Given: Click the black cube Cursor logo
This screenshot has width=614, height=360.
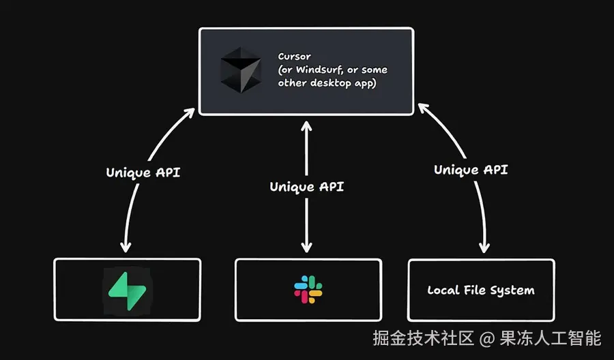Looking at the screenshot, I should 240,70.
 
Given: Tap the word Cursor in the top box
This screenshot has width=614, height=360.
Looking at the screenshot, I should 295,56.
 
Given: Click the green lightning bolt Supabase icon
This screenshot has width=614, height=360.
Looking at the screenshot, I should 128,290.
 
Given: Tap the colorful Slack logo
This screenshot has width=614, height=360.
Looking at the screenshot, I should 308,290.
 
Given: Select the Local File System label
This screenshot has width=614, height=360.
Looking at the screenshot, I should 481,290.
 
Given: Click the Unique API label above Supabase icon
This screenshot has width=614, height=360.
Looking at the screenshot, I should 143,172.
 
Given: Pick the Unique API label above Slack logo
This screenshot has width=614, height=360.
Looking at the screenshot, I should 307,186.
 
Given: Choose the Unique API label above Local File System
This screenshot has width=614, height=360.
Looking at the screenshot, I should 471,170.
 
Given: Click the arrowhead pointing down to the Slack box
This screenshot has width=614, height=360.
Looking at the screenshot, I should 307,248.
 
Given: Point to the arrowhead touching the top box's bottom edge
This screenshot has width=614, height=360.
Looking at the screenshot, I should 307,124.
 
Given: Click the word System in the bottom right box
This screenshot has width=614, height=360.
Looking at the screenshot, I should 512,290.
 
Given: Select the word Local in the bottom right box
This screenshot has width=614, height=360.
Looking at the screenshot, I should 442,290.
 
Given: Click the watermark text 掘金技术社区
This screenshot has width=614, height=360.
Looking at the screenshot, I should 422,337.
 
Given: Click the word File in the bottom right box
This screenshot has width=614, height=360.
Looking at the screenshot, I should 474,290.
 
